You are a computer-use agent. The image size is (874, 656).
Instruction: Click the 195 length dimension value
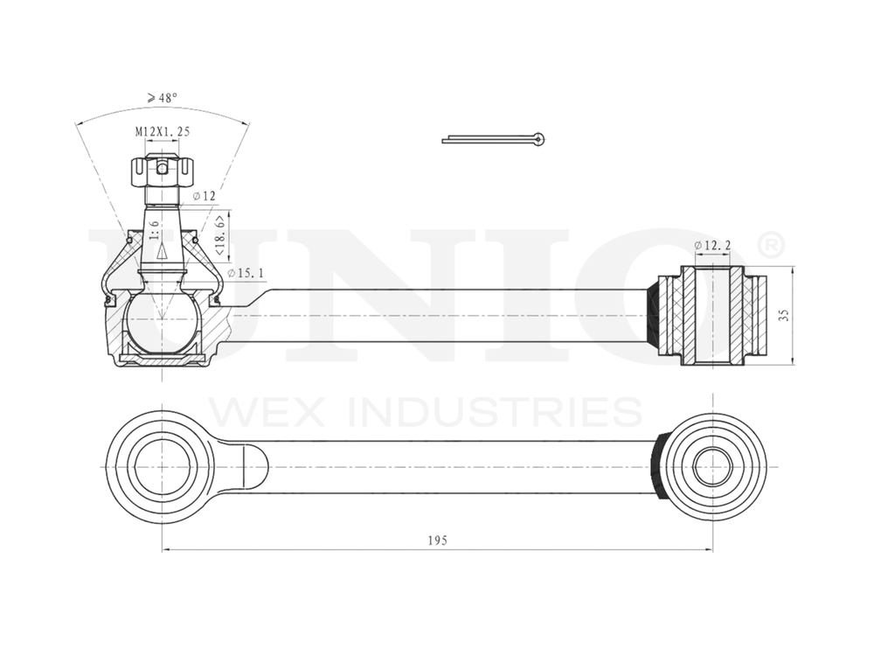pos(438,541)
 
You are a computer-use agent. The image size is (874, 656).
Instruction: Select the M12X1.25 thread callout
pos(162,131)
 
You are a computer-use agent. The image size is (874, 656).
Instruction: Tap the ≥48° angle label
pos(163,98)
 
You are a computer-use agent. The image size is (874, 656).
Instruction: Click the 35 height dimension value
pos(785,315)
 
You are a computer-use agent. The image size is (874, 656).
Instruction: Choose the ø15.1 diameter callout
pos(246,274)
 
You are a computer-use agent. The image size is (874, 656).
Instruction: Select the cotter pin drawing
pos(494,138)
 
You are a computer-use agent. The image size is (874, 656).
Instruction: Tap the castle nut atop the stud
pos(161,171)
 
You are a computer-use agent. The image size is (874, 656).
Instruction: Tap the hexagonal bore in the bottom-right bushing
pos(711,465)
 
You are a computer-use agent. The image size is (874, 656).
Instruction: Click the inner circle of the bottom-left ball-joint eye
pos(161,465)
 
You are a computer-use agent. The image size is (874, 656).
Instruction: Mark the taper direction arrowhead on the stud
pos(162,253)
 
